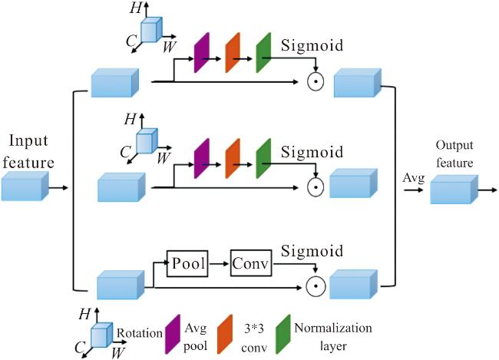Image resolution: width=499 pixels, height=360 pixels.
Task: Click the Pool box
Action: pyautogui.click(x=187, y=263)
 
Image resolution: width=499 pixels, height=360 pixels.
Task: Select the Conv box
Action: pyautogui.click(x=251, y=263)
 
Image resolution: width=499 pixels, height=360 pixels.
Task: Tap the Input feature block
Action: pyautogui.click(x=25, y=187)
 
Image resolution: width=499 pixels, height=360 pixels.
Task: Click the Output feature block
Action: pyautogui.click(x=454, y=189)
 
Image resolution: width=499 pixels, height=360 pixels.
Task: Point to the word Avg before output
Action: pyautogui.click(x=413, y=177)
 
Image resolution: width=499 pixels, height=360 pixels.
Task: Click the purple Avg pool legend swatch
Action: pyautogui.click(x=173, y=334)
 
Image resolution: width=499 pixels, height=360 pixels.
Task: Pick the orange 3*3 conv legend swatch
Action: pyautogui.click(x=225, y=334)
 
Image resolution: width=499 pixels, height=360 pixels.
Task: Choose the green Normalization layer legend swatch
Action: pyautogui.click(x=283, y=334)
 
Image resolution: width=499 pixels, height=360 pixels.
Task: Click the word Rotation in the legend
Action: pyautogui.click(x=140, y=333)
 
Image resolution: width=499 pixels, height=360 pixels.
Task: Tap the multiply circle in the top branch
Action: pyautogui.click(x=316, y=81)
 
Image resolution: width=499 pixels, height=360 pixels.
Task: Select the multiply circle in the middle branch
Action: pyautogui.click(x=316, y=187)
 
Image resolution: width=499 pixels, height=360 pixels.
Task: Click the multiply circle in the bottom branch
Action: pyautogui.click(x=316, y=286)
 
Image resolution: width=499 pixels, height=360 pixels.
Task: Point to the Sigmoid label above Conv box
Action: pyautogui.click(x=312, y=252)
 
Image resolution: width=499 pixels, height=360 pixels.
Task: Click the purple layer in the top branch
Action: pyautogui.click(x=202, y=52)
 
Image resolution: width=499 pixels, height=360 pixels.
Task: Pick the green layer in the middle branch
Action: pyautogui.click(x=263, y=159)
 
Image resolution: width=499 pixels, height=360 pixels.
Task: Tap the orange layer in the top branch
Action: pyautogui.click(x=233, y=52)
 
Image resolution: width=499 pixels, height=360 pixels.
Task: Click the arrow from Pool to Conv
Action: pyautogui.click(x=219, y=263)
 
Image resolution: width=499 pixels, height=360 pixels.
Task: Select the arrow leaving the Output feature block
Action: pyautogui.click(x=487, y=190)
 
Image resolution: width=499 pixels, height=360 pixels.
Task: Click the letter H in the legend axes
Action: pyautogui.click(x=84, y=315)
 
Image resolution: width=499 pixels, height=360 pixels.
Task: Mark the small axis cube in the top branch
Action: pyautogui.click(x=150, y=30)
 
